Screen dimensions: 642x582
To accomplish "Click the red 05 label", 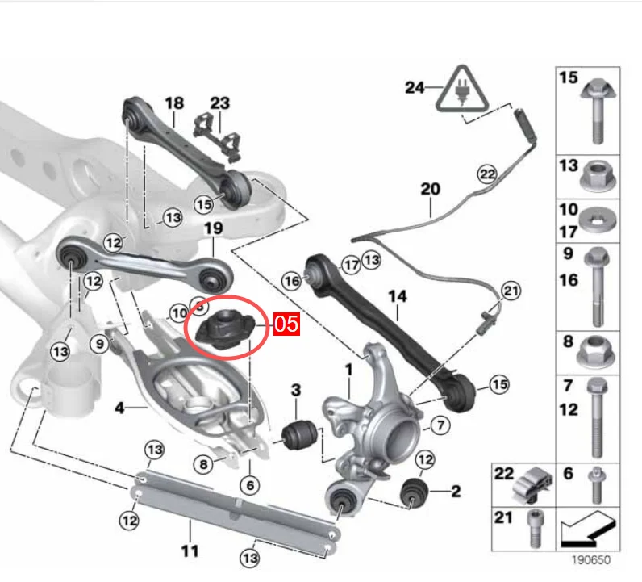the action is (286, 324).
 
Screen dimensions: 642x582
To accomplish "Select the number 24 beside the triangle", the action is (415, 87).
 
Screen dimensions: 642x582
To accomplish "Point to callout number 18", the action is (174, 103).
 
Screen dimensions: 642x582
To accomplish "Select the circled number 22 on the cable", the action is (487, 174).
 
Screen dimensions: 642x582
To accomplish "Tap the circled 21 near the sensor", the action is (511, 291).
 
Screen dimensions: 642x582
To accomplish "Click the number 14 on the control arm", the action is (397, 296).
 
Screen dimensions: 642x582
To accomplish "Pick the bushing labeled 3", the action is (300, 433).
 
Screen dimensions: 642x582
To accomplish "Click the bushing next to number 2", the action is (415, 492).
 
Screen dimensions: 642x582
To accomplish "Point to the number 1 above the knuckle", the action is (348, 370).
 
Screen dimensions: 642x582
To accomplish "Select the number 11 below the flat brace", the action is (190, 551).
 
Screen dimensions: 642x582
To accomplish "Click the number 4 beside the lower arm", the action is (119, 408).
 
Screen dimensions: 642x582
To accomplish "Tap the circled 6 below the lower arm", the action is (250, 486).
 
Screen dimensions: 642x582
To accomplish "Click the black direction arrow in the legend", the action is (586, 530).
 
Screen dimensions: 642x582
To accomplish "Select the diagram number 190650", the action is (591, 559).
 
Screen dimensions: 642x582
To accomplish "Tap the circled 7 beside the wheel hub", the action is (440, 425).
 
